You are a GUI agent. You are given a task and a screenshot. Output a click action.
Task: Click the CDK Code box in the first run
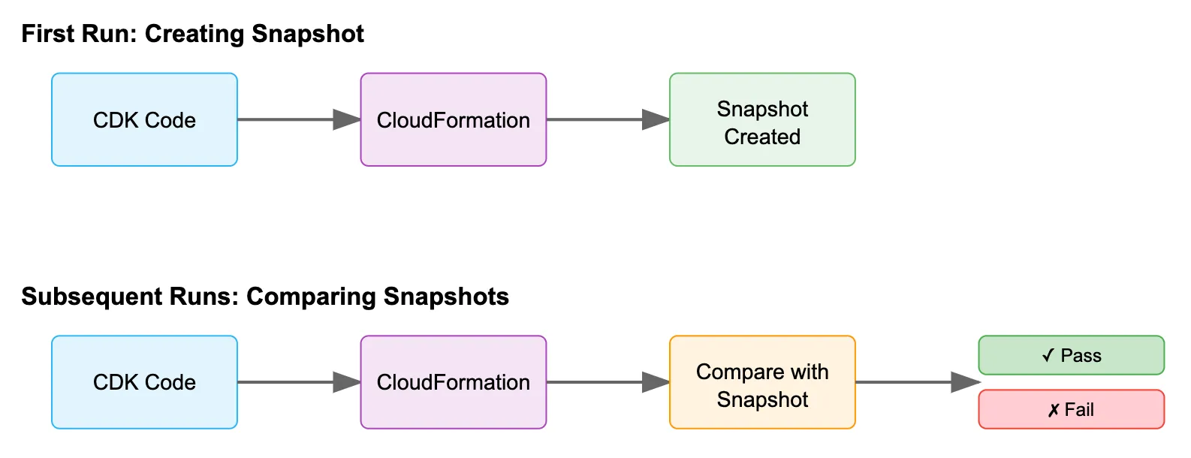[144, 120]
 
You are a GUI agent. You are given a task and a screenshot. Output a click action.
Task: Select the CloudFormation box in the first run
[453, 120]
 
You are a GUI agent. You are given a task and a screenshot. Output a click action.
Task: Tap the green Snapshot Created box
[762, 120]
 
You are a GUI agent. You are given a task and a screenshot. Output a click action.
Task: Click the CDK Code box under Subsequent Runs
[144, 382]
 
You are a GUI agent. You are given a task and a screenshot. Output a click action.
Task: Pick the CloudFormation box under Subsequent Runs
[453, 382]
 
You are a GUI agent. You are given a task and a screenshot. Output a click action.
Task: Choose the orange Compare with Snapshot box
[762, 382]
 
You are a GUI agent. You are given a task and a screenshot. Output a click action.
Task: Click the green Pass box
[1071, 356]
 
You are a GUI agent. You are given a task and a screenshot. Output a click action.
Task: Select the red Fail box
[1071, 410]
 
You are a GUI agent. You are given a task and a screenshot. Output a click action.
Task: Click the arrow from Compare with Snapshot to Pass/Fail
[916, 382]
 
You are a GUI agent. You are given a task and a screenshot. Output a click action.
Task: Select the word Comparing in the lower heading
[309, 297]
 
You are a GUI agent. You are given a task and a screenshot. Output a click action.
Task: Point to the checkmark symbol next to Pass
[1048, 356]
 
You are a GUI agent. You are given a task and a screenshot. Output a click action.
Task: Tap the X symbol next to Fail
[1054, 411]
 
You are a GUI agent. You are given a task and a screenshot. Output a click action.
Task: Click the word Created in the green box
[762, 137]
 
